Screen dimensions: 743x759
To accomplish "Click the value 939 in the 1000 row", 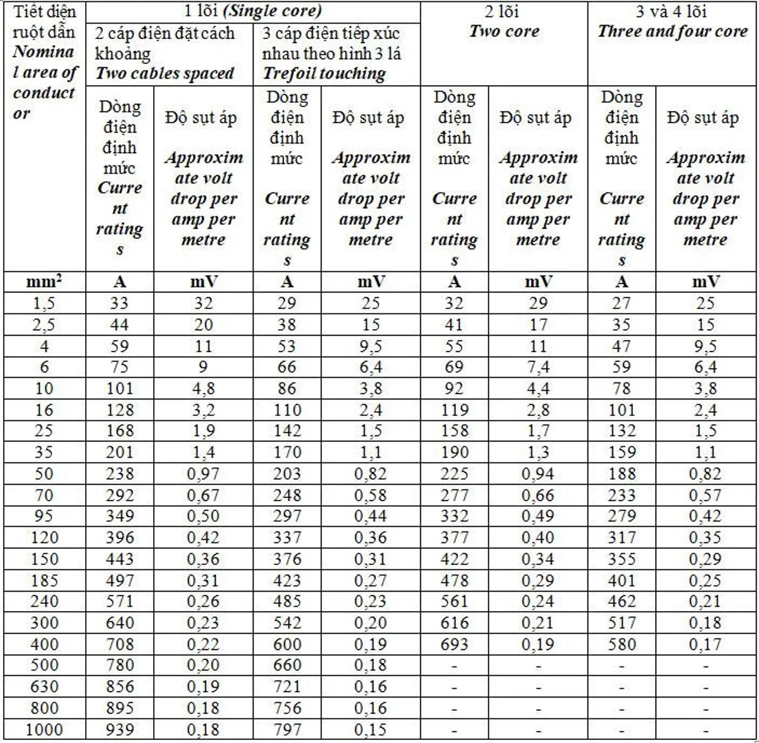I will coord(120,730).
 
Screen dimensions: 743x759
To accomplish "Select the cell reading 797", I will coord(287,730).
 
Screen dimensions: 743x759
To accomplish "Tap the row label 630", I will coord(44,687).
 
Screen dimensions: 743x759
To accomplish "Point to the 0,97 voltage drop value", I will coord(203,474).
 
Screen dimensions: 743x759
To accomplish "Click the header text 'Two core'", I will coord(504,32).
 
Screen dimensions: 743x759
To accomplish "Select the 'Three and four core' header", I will coord(673,32).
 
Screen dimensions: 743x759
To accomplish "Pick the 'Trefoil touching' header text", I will coord(324,74).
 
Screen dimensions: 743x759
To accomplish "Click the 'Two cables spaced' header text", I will coord(165,74).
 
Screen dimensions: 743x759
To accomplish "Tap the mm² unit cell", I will coord(44,282).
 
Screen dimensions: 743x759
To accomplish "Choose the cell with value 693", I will coord(454,645).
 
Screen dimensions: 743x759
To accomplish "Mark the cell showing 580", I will coord(621,645).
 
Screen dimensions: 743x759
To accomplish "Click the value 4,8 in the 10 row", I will coord(203,389).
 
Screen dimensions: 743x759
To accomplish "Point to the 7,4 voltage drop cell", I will coord(538,367).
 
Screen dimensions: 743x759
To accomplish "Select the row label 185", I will coord(44,581).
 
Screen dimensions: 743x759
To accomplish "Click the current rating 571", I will coord(120,602).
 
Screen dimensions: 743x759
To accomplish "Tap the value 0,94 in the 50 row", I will coord(538,474).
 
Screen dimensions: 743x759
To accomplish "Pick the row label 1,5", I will coord(44,303).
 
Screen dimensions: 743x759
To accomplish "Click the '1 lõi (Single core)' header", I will coord(253,11).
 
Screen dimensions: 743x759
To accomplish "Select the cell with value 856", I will coord(120,687).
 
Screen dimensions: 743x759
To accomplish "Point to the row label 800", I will coord(44,708).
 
